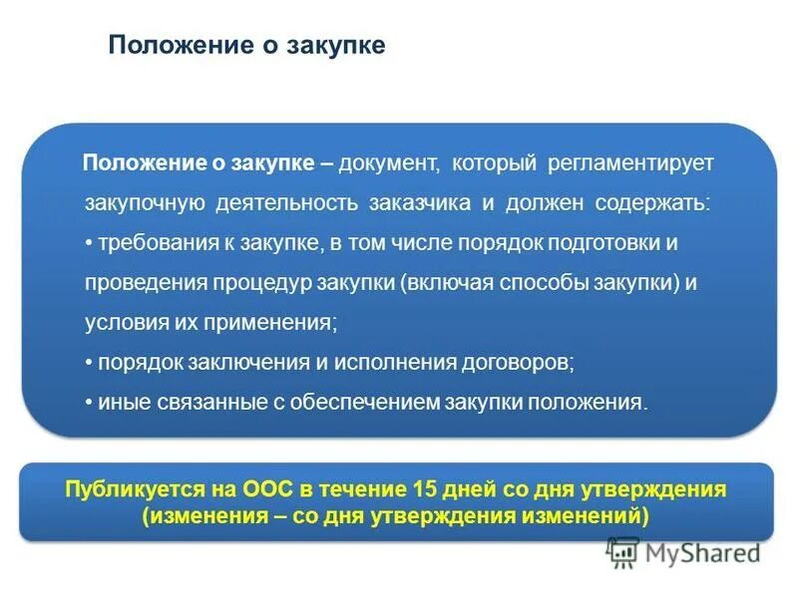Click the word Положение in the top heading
(x=165, y=46)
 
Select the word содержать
(x=653, y=202)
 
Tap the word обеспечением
(x=353, y=403)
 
